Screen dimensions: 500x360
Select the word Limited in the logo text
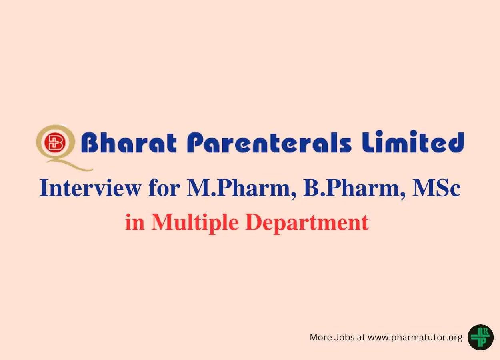click(x=413, y=142)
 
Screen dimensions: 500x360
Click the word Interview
click(x=90, y=188)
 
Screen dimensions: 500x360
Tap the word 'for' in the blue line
click(x=164, y=188)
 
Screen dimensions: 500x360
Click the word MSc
click(x=436, y=188)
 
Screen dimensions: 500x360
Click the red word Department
click(x=307, y=224)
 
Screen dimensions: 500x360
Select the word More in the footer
click(x=321, y=337)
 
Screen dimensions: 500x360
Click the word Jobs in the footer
click(x=344, y=337)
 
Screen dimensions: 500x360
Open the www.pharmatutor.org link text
click(x=415, y=338)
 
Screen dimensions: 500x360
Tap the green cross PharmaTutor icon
click(x=480, y=337)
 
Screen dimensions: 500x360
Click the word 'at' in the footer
click(x=361, y=338)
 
